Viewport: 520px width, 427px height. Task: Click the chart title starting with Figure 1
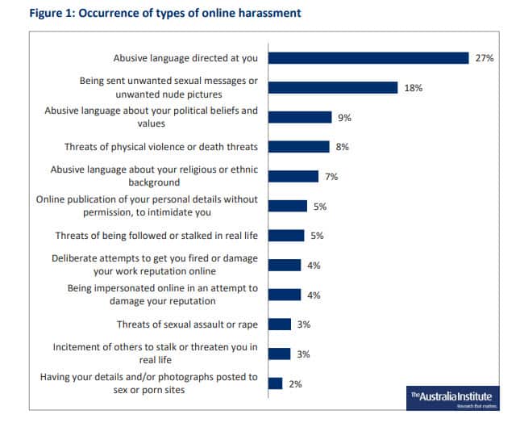tap(153, 13)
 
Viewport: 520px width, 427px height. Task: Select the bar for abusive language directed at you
tap(368, 58)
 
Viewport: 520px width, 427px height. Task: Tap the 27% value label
tap(484, 58)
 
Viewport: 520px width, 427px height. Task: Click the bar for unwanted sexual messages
tap(333, 88)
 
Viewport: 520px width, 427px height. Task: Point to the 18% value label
tap(413, 88)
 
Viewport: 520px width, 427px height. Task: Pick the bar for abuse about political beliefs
tap(300, 117)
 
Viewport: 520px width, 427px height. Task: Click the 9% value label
tap(344, 118)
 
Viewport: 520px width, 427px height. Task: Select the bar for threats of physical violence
tap(298, 147)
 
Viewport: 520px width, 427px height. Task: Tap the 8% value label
tap(343, 148)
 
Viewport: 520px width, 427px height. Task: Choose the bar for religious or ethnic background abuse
tap(293, 177)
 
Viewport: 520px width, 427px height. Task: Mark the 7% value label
tap(331, 177)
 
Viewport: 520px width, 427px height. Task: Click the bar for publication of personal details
tap(288, 206)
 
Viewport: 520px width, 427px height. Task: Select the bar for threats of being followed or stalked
tap(286, 236)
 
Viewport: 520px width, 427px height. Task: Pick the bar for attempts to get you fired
tap(285, 265)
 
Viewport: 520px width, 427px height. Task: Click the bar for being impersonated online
tap(285, 295)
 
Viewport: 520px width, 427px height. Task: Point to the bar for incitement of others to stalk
tap(279, 354)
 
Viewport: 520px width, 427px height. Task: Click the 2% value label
tap(295, 384)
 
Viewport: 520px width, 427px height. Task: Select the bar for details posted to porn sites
tap(275, 383)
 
